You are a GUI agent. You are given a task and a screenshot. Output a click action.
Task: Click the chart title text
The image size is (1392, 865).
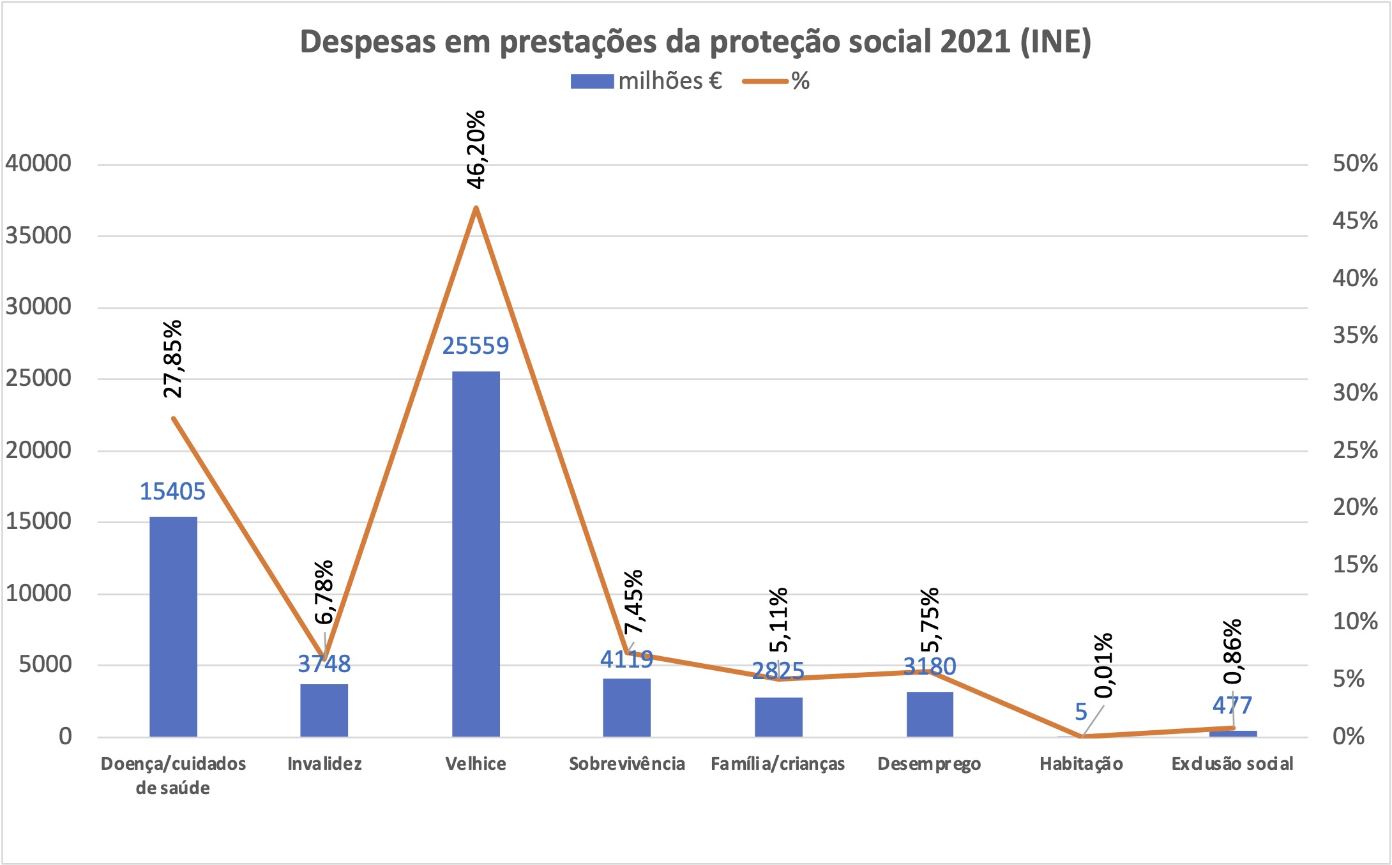(x=695, y=42)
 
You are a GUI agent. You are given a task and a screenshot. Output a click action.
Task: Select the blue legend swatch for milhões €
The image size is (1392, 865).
(x=591, y=82)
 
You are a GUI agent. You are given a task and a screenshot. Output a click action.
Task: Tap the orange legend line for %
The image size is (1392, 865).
(x=765, y=82)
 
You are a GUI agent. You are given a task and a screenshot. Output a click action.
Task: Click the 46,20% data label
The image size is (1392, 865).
(x=476, y=150)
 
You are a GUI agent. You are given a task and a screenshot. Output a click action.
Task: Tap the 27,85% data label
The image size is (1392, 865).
(x=173, y=359)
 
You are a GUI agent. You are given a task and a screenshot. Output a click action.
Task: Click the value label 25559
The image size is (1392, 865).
(x=476, y=346)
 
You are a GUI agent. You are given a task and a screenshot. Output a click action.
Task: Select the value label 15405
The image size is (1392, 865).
(x=172, y=492)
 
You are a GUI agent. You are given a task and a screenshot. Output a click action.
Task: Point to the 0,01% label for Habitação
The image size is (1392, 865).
(x=1104, y=666)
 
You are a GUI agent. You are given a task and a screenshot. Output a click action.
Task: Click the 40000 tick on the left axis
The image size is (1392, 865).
(x=38, y=164)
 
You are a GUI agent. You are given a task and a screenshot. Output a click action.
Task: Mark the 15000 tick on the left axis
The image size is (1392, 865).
(x=38, y=521)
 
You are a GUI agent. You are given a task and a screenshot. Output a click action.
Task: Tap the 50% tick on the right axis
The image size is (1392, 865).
(x=1355, y=164)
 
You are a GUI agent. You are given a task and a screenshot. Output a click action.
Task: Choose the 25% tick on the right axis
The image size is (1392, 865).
(x=1355, y=450)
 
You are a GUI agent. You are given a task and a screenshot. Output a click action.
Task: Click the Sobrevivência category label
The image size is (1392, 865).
(x=626, y=764)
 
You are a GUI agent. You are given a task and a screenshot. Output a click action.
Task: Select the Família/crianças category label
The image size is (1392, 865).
(x=778, y=764)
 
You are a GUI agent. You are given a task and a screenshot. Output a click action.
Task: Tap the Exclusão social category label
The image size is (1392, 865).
(x=1232, y=764)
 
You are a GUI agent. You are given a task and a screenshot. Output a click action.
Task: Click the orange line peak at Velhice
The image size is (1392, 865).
(x=476, y=208)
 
